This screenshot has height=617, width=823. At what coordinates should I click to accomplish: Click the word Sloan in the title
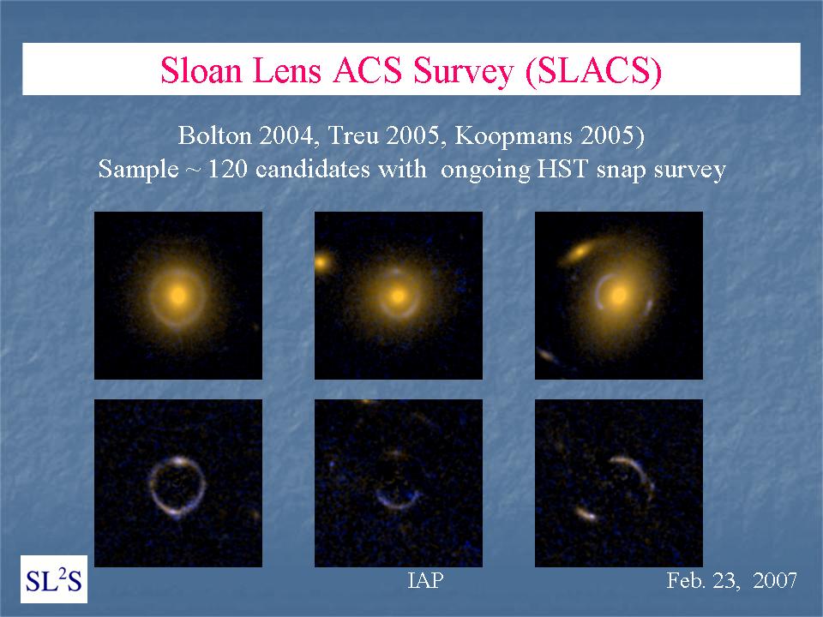click(x=201, y=70)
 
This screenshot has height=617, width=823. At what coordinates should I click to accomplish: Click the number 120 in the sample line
click(x=227, y=170)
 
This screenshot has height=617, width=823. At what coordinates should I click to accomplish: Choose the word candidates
click(x=340, y=170)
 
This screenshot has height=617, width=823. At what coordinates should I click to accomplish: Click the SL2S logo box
click(x=54, y=579)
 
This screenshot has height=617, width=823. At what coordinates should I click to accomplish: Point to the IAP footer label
click(x=426, y=580)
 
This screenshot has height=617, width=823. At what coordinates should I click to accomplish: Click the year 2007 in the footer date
click(x=775, y=580)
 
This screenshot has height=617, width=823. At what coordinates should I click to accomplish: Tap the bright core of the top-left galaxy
click(x=178, y=296)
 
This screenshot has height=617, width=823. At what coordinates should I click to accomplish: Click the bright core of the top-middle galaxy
click(x=399, y=297)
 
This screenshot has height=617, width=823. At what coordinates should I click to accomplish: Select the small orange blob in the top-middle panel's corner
click(x=321, y=261)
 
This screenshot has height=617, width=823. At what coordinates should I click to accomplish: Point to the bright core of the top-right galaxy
click(x=619, y=295)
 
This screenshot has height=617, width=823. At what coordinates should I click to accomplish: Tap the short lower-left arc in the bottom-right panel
click(x=586, y=513)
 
